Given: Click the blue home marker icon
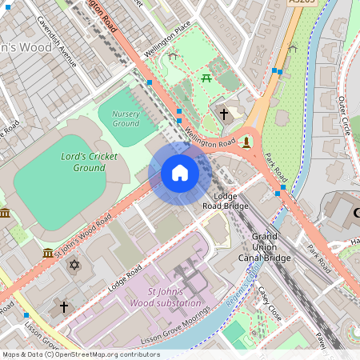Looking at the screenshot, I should tap(180, 173).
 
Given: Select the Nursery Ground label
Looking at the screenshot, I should tap(126, 118).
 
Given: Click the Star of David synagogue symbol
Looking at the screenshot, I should tap(74, 265).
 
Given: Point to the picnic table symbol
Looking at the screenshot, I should tap(206, 78).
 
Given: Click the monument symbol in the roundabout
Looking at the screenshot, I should tap(246, 142).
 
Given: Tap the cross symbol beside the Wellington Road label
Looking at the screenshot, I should tap(224, 114).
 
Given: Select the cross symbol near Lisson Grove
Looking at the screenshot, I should tap(64, 306).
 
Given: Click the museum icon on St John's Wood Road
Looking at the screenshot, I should tap(47, 253).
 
